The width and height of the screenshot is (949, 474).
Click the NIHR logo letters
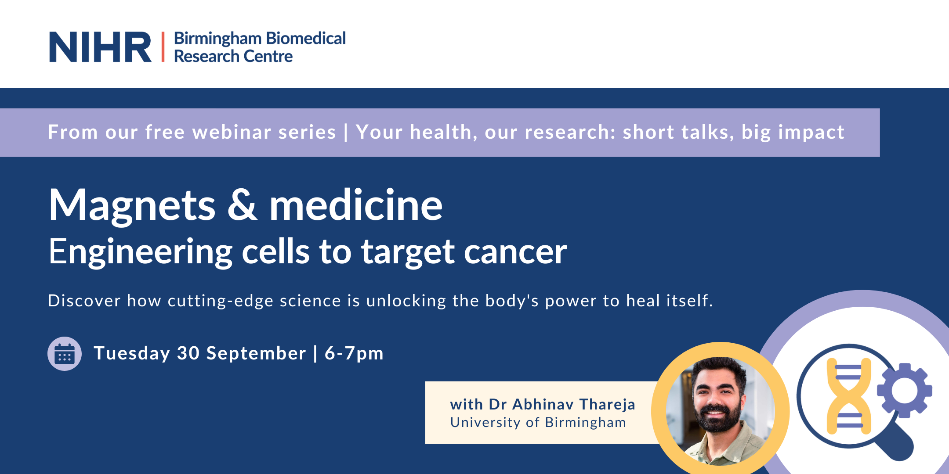(100, 47)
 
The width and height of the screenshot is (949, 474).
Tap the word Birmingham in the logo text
(217, 39)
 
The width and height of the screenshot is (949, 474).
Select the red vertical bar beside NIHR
(163, 47)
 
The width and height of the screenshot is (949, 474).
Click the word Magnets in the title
(132, 205)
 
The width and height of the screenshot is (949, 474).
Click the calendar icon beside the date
(65, 354)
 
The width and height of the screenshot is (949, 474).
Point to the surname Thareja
(607, 404)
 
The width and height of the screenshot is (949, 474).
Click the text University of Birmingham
(538, 422)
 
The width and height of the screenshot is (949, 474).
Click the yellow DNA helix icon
(849, 396)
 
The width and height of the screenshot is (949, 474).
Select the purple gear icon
(905, 390)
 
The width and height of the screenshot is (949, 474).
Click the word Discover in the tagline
(84, 301)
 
